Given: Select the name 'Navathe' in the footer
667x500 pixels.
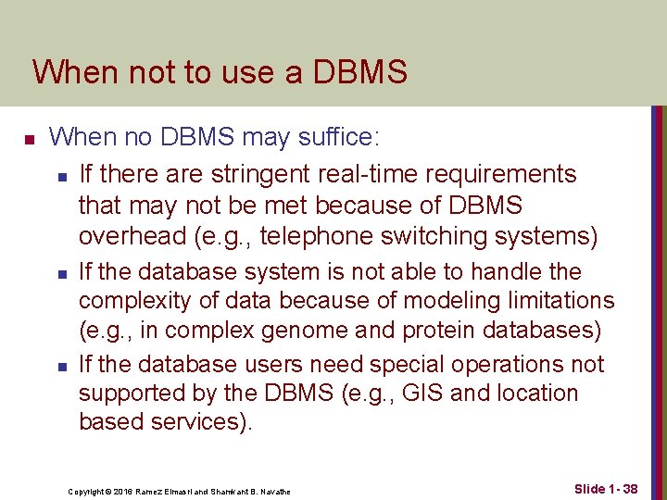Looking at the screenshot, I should click(x=273, y=491).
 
